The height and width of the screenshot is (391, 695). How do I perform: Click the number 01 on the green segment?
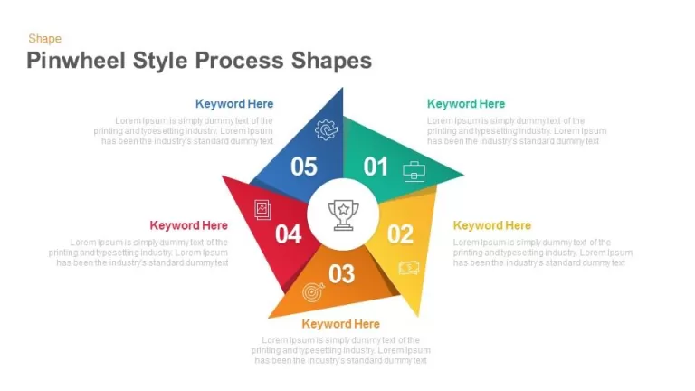(376, 167)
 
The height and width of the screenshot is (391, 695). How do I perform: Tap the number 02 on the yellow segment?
(400, 234)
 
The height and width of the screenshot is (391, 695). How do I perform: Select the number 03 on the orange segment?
(342, 274)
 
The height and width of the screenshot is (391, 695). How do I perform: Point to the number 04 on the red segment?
(288, 234)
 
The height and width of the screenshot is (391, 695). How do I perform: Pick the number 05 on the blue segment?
(304, 167)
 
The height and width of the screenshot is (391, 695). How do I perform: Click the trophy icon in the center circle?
(343, 215)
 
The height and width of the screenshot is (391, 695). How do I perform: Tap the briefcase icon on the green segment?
(414, 172)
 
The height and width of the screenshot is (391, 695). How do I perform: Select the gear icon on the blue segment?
(326, 130)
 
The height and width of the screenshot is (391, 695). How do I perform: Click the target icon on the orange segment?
(313, 292)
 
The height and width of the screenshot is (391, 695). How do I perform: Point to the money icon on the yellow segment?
(409, 267)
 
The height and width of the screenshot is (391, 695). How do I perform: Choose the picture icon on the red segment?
(262, 210)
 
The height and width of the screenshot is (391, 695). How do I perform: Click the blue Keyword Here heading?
(234, 104)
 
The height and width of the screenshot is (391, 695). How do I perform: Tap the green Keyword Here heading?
(466, 104)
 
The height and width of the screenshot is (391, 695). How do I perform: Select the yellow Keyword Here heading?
(492, 225)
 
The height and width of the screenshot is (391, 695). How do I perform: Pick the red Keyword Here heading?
(189, 225)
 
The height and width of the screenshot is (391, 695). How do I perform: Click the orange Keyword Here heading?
(341, 324)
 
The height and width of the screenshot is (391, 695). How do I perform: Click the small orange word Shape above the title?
(44, 39)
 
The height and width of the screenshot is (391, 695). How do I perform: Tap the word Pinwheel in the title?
(76, 61)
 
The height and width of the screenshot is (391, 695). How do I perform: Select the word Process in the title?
(239, 61)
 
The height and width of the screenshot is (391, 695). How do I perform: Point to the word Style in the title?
(160, 62)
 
